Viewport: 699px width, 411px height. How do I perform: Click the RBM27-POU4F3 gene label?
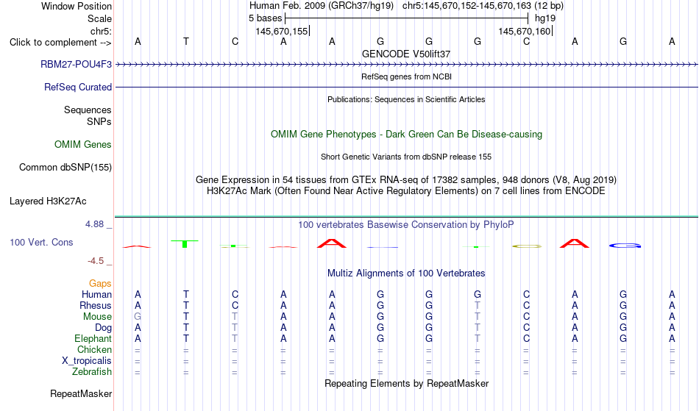(x=76, y=64)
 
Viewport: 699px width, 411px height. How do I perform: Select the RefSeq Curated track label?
(x=77, y=87)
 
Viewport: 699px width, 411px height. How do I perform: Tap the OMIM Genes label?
(x=83, y=144)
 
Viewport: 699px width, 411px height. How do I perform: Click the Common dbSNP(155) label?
(x=65, y=168)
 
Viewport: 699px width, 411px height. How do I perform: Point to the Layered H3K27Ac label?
(x=48, y=201)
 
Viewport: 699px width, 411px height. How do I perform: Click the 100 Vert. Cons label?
(x=41, y=242)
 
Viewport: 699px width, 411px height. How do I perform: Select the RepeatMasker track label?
(x=81, y=393)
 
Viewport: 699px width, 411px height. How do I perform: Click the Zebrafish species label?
(x=92, y=371)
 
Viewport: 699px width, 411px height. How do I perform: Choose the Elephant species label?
(x=93, y=338)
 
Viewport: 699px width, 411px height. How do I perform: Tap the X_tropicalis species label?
(x=87, y=361)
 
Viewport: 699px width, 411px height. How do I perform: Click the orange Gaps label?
(x=100, y=284)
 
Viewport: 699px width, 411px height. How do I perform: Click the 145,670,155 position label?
(x=282, y=31)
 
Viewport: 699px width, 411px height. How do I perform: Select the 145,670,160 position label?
(x=525, y=31)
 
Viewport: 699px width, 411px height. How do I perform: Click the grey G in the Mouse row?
(x=138, y=317)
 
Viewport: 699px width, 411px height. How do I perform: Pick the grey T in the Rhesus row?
(x=478, y=305)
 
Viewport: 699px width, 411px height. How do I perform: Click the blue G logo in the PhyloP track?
(x=625, y=246)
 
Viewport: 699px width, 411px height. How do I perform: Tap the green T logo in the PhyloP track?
(x=185, y=243)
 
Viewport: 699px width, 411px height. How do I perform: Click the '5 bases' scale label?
(x=265, y=18)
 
